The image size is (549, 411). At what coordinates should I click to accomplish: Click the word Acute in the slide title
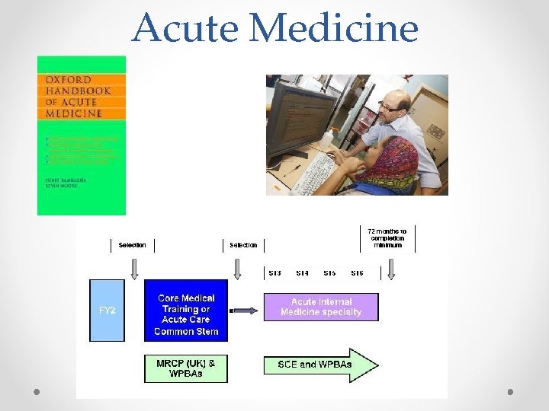tap(186, 28)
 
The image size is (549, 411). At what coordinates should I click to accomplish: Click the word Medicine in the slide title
tap(334, 28)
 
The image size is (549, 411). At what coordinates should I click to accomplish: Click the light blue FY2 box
tap(107, 311)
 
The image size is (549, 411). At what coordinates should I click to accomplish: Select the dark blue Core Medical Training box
tap(186, 314)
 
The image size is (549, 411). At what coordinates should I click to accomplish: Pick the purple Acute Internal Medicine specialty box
tap(320, 307)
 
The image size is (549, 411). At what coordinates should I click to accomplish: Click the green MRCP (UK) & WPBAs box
tap(186, 368)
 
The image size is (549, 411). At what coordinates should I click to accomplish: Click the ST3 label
tap(275, 272)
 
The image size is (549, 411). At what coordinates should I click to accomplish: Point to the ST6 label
tap(357, 272)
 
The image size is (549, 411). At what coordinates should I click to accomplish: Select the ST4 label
tap(302, 272)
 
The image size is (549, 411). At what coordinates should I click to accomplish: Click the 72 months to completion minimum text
tap(387, 237)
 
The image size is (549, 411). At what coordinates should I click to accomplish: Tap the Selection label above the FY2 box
tap(132, 245)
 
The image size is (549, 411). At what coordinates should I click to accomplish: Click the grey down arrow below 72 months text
tap(391, 269)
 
